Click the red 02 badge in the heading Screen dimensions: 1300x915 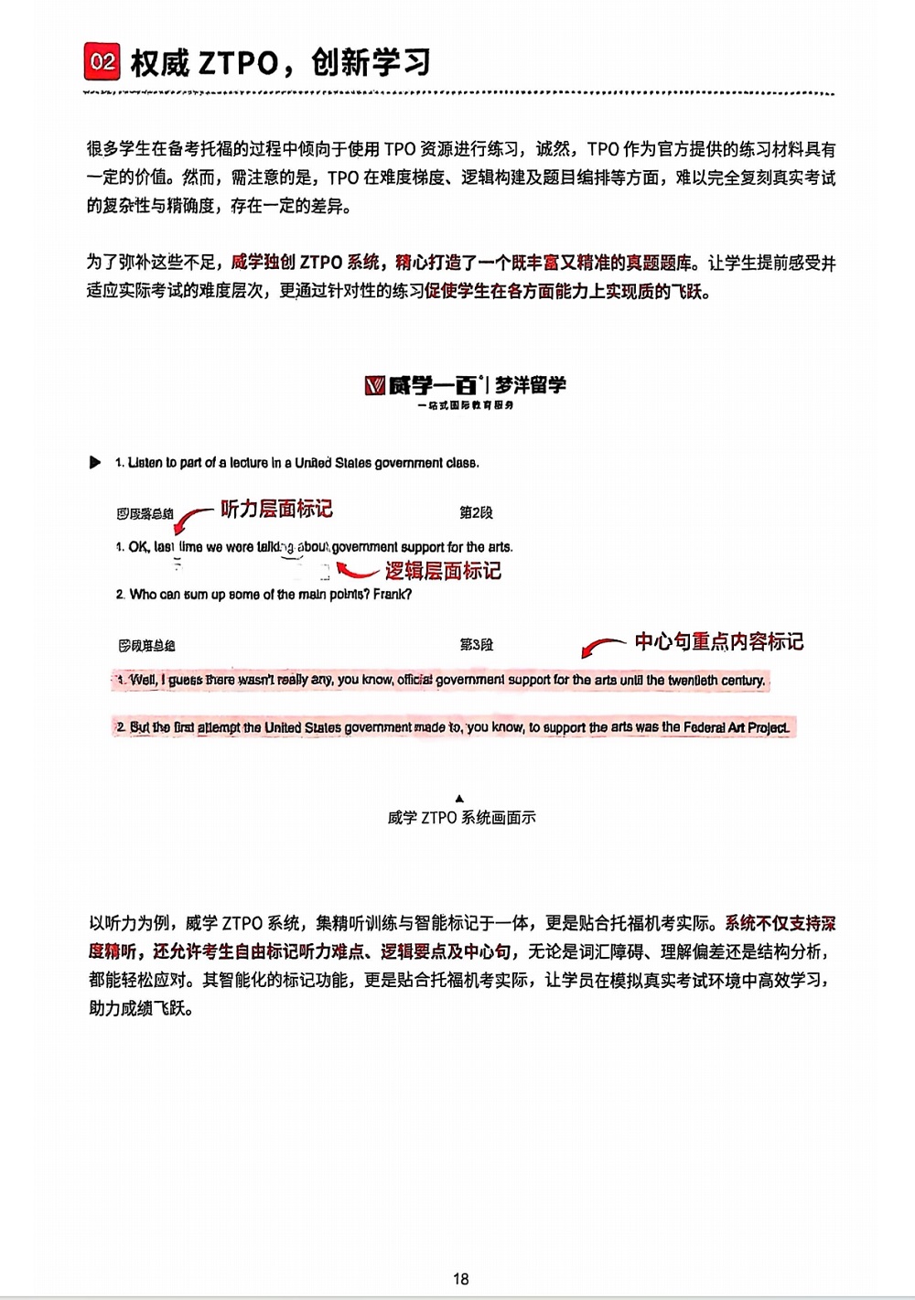(102, 62)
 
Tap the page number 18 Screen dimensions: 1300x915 (460, 1278)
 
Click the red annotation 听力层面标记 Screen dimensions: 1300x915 (276, 509)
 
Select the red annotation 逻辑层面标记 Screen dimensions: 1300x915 (443, 571)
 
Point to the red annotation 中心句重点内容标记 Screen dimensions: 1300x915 (719, 641)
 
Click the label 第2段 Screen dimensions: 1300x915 (476, 512)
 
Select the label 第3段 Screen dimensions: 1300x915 (476, 645)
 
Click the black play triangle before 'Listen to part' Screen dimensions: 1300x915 (95, 462)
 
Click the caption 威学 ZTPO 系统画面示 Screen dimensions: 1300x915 (461, 818)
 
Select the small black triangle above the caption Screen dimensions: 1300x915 (459, 799)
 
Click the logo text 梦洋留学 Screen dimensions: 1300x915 (531, 385)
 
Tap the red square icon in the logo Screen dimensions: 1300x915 (374, 386)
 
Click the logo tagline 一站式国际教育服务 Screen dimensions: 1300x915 (466, 405)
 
